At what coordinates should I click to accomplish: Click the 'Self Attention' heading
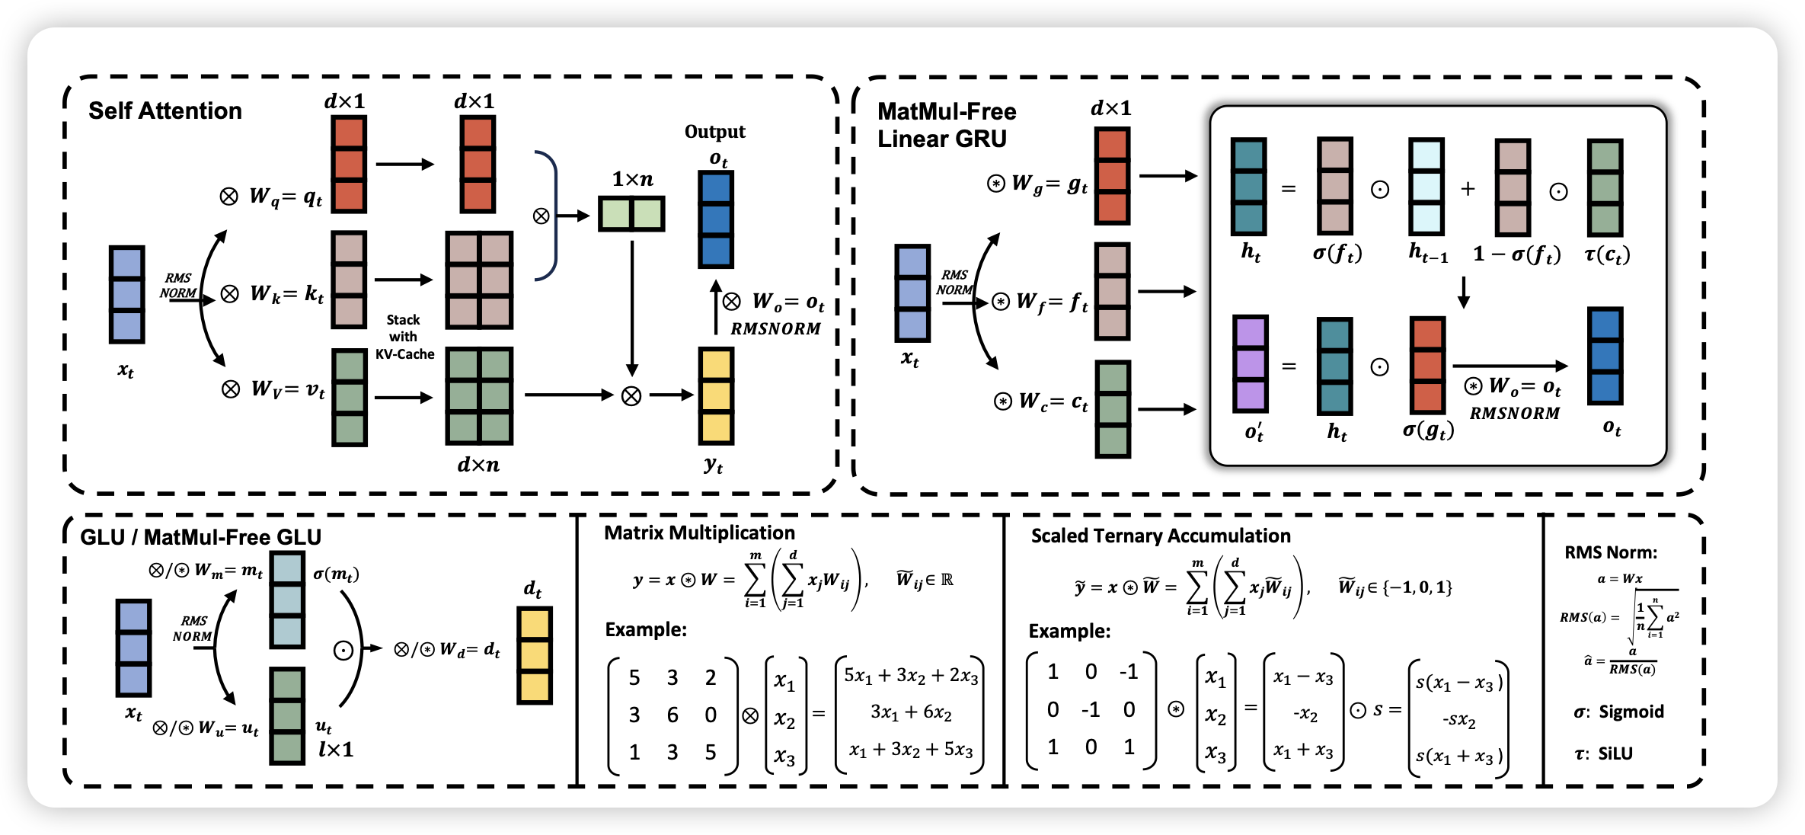165,111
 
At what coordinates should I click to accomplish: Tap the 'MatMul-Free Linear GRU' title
946,126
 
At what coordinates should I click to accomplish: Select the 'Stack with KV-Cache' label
404,337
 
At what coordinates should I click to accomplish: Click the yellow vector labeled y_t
716,395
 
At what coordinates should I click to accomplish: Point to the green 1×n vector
631,214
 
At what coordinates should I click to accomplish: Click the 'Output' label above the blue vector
714,132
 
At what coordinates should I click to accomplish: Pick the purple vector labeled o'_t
1250,364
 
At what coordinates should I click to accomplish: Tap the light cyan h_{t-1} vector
1426,187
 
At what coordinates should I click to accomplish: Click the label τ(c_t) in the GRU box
1607,254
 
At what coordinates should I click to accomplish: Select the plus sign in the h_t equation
1468,189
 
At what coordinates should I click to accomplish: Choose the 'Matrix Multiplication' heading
699,533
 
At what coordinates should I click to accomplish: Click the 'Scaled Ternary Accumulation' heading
1160,536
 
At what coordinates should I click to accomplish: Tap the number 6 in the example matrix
672,715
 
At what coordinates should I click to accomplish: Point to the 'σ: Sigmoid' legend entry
1618,712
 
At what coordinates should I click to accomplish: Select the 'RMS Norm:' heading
1611,552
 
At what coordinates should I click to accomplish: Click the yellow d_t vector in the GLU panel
534,655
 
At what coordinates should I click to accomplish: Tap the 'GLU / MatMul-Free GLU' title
200,537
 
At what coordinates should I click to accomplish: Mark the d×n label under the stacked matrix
478,465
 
